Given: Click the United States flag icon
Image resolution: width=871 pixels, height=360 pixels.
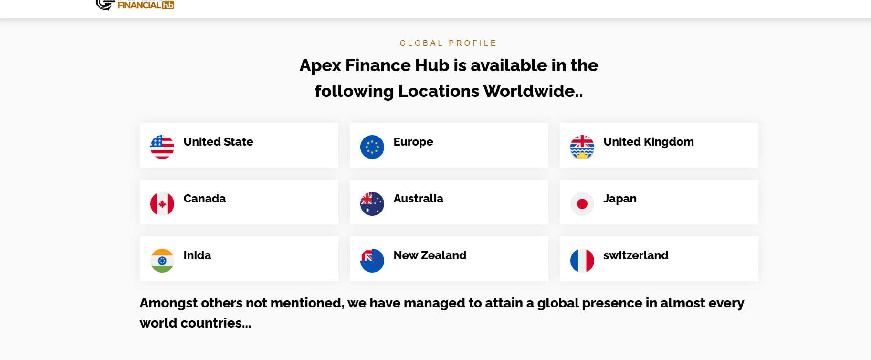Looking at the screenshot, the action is pos(162,147).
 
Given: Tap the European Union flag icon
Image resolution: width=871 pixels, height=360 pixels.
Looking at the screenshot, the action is pos(372,147).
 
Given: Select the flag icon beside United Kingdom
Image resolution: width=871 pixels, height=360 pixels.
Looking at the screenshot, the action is pos(582,147).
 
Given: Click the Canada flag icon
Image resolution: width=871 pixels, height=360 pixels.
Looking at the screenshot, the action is pos(162,204).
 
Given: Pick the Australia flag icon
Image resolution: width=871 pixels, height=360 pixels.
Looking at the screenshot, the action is pos(372,204).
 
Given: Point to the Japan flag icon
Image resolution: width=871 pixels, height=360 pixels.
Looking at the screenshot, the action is pos(582,204).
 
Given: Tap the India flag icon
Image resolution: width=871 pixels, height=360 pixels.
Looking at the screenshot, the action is pos(162,261).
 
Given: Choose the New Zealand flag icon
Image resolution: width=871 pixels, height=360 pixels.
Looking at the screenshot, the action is pos(372,261).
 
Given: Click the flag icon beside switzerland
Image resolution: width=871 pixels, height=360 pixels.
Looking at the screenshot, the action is pos(582,261).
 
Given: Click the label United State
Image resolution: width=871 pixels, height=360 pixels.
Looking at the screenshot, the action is pos(218,142).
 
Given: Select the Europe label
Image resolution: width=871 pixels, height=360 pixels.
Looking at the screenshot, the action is pos(413,142).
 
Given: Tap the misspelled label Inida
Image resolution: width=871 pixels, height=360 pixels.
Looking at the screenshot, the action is pos(197,255).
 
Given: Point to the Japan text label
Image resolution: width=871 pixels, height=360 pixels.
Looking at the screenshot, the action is pos(620,199).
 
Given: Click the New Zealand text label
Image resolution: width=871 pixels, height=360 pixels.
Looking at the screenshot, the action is pos(430,255).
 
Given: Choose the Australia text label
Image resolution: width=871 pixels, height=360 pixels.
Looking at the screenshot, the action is pos(418,199).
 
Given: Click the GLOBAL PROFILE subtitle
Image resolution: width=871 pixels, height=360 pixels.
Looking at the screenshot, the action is pos(448,43).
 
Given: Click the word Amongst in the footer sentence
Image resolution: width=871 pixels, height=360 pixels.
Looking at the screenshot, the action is pos(168,304).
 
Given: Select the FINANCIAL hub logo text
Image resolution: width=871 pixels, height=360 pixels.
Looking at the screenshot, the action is pos(146,5).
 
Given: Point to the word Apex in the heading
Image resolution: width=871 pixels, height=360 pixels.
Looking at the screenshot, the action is pos(320,65).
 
